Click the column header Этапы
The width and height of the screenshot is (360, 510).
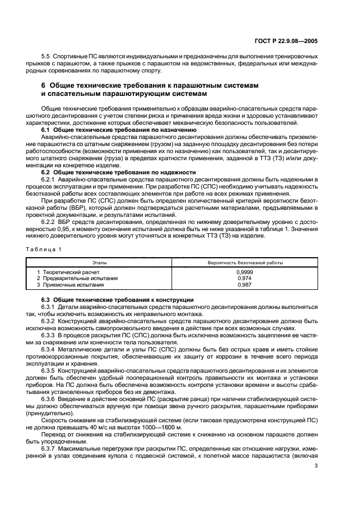pos(99,262)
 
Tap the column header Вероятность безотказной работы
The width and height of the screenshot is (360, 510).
pos(245,262)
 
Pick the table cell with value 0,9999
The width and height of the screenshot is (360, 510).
pos(245,272)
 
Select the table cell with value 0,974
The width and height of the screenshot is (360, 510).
pos(245,278)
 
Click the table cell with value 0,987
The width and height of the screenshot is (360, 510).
pos(245,284)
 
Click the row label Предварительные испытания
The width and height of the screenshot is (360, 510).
pos(76,278)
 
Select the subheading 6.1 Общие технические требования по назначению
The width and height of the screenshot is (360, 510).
pos(119,130)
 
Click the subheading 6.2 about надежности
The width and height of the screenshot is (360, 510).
pos(119,172)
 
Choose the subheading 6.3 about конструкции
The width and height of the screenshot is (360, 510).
pos(119,300)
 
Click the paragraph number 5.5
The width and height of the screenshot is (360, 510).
pos(46,57)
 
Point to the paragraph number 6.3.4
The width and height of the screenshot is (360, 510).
pos(50,348)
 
